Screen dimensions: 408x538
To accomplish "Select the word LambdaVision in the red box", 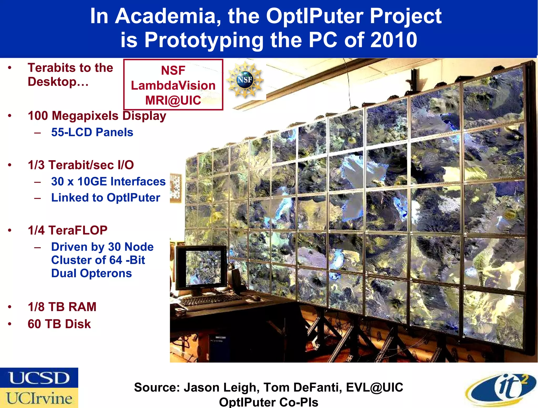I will [x=173, y=86].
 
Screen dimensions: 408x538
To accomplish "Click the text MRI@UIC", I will [x=173, y=100].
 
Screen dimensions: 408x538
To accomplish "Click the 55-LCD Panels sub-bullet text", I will [x=92, y=132].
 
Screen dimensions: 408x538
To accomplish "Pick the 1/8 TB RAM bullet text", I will [x=62, y=307].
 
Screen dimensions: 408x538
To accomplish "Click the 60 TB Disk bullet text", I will [x=59, y=324].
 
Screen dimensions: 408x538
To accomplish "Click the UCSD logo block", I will [x=39, y=378].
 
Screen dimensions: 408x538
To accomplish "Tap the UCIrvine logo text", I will [x=39, y=398].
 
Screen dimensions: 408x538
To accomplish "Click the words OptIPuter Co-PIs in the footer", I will [x=268, y=402].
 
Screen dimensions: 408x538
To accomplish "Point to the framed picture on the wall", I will [x=175, y=188].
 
